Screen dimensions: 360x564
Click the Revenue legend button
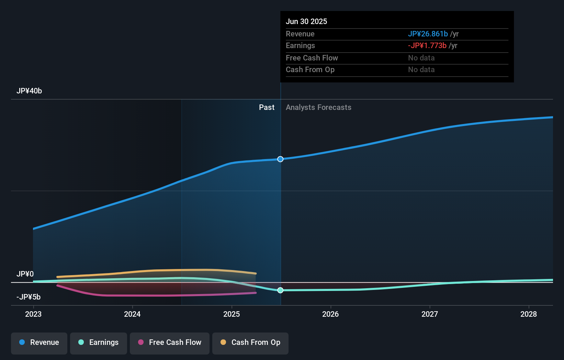(39, 343)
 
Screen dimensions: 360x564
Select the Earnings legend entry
(99, 343)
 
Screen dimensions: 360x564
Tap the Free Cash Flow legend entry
(170, 343)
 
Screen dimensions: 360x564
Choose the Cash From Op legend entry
(250, 343)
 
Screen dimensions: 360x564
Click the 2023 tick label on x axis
(33, 314)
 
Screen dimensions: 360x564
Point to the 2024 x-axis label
(132, 314)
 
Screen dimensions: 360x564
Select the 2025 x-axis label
(232, 314)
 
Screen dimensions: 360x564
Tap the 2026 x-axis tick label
(330, 314)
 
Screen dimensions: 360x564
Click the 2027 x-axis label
(430, 314)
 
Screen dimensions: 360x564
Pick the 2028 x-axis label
(529, 314)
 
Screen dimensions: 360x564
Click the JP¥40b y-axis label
(29, 91)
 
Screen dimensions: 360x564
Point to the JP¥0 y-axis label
(25, 274)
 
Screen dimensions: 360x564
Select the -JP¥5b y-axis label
(29, 297)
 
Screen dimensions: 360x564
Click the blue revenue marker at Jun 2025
(280, 159)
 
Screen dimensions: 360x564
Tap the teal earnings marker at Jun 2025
(280, 290)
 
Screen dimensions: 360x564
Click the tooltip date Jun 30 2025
(306, 21)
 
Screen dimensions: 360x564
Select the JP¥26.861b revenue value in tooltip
(428, 34)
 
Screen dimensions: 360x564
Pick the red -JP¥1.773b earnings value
(427, 46)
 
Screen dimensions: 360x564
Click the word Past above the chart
(267, 108)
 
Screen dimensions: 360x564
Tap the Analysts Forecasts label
(318, 108)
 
